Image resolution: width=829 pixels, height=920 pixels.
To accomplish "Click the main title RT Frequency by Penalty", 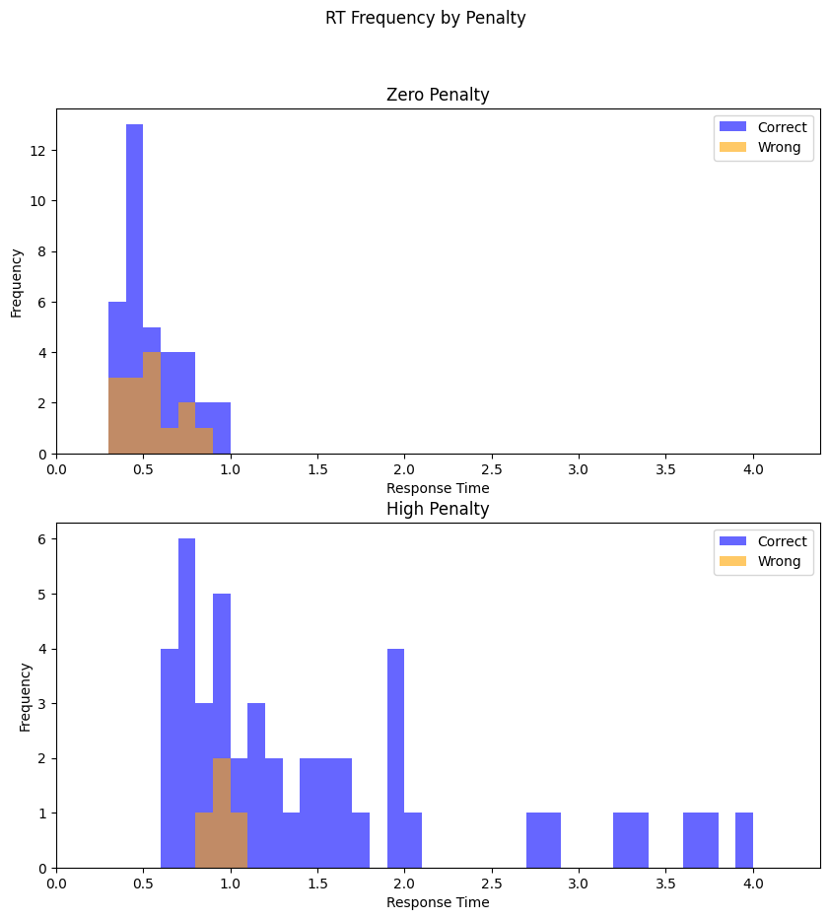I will (425, 18).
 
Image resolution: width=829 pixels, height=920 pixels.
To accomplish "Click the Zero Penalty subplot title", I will (438, 95).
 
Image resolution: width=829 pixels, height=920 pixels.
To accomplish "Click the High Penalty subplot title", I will (438, 509).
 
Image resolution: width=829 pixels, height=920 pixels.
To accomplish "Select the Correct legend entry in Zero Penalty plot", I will (782, 126).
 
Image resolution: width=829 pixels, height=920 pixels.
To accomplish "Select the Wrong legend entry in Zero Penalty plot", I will (779, 147).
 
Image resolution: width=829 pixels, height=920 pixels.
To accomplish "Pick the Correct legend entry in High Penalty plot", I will (782, 540).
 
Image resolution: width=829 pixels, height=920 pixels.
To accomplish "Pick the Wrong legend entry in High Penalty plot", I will (779, 561).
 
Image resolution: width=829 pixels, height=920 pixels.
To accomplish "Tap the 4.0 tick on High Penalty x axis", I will (753, 885).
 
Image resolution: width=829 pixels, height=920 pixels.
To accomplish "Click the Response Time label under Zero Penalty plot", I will (438, 488).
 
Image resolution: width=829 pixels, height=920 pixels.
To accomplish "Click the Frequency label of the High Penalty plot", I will (26, 696).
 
